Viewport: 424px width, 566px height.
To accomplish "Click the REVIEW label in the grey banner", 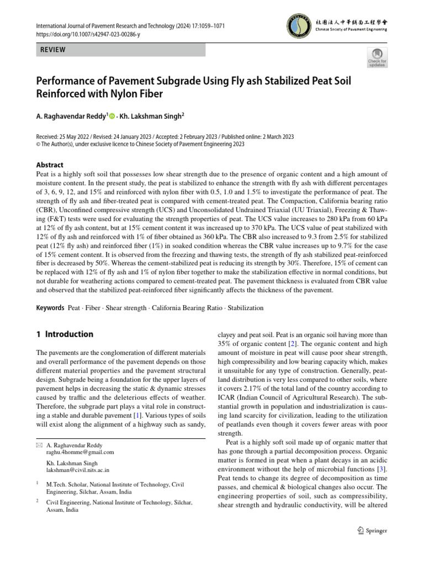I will pyautogui.click(x=53, y=50).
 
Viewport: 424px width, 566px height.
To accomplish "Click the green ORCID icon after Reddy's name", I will pyautogui.click(x=112, y=116).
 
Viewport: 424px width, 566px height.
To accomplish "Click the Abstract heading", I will pyautogui.click(x=50, y=165).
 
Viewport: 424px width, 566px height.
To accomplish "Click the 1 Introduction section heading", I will pyautogui.click(x=65, y=334).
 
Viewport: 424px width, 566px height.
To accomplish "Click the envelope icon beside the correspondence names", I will pyautogui.click(x=39, y=444).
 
